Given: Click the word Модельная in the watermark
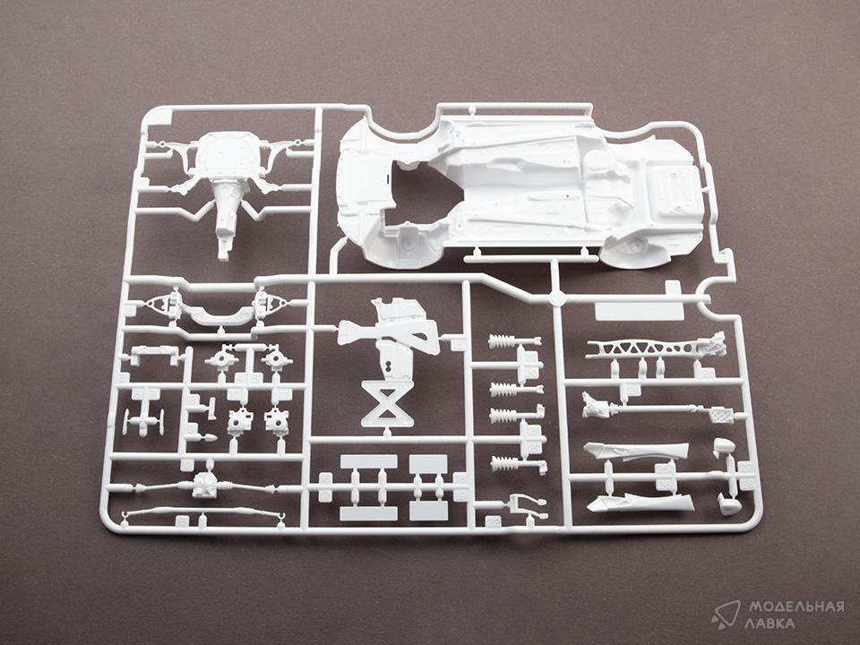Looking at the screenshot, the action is [796, 607].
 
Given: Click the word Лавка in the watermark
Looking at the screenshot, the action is [770, 623].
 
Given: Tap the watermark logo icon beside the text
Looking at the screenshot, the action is [726, 615].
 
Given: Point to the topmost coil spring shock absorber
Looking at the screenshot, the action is [513, 341].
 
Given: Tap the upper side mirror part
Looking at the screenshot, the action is [723, 446].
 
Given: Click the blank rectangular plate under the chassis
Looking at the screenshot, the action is [640, 311].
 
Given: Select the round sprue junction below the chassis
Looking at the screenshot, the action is [556, 299].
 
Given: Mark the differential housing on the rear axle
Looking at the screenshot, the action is [205, 486].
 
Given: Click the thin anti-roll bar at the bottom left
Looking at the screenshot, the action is [204, 514].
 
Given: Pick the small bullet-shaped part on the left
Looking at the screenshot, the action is [210, 438].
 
